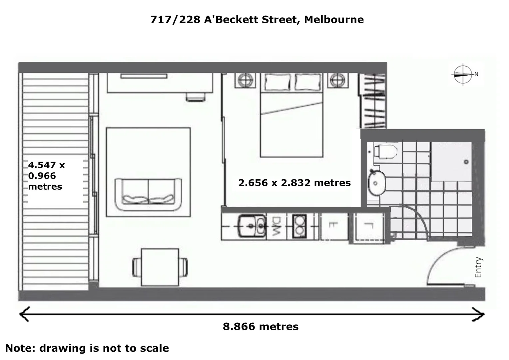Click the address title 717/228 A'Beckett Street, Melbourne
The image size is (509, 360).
pos(257,20)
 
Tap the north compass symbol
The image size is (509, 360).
pos(463,74)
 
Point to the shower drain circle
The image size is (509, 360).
pos(466,162)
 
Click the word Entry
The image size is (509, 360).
pos(478,267)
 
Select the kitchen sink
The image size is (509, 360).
pos(252,226)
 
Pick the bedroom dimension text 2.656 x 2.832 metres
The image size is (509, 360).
pos(294,183)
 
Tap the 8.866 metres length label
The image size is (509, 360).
pos(260,327)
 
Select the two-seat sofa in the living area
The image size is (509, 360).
pos(148,195)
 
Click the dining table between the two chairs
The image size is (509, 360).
pos(160,267)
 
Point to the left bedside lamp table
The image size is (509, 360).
pos(246,80)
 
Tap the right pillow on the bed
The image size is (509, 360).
pos(308,82)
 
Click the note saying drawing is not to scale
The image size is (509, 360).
pos(87,348)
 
